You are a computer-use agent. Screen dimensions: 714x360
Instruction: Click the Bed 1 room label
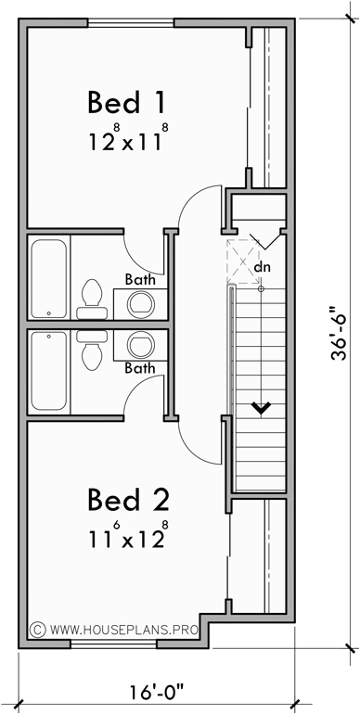click(x=127, y=102)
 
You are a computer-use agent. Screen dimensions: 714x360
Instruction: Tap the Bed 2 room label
click(x=128, y=501)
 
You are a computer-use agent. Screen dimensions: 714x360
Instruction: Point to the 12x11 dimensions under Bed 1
click(x=128, y=141)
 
